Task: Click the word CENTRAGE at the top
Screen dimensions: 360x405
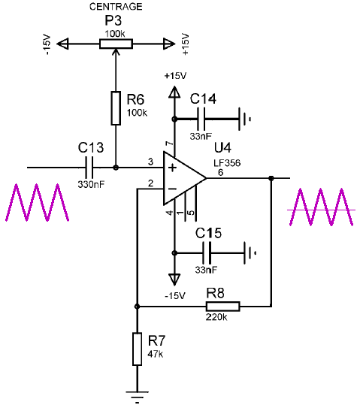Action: pyautogui.click(x=116, y=7)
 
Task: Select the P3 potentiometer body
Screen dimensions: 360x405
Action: pyautogui.click(x=116, y=44)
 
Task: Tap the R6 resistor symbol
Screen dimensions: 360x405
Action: pyautogui.click(x=116, y=108)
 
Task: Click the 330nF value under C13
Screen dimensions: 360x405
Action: pyautogui.click(x=91, y=184)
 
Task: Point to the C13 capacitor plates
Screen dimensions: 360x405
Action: pyautogui.click(x=89, y=168)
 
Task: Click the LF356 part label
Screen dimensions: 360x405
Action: pyautogui.click(x=227, y=163)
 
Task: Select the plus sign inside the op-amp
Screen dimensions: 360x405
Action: pyautogui.click(x=172, y=168)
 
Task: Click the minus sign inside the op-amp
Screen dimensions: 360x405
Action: pyautogui.click(x=172, y=189)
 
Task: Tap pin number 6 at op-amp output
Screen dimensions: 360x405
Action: pyautogui.click(x=220, y=172)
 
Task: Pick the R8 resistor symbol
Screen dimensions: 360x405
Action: pyautogui.click(x=223, y=307)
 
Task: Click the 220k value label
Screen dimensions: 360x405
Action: pyautogui.click(x=216, y=317)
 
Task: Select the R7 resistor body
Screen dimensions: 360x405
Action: pyautogui.click(x=138, y=349)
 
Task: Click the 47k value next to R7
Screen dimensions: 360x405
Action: pyautogui.click(x=156, y=354)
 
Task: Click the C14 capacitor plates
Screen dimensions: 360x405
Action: pyautogui.click(x=201, y=119)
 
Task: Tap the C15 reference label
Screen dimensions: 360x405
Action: pyautogui.click(x=208, y=233)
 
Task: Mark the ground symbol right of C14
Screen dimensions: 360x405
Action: pyautogui.click(x=244, y=119)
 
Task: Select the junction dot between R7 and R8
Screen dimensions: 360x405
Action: pyautogui.click(x=138, y=307)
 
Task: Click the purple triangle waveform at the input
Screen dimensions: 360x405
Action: pyautogui.click(x=38, y=202)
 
